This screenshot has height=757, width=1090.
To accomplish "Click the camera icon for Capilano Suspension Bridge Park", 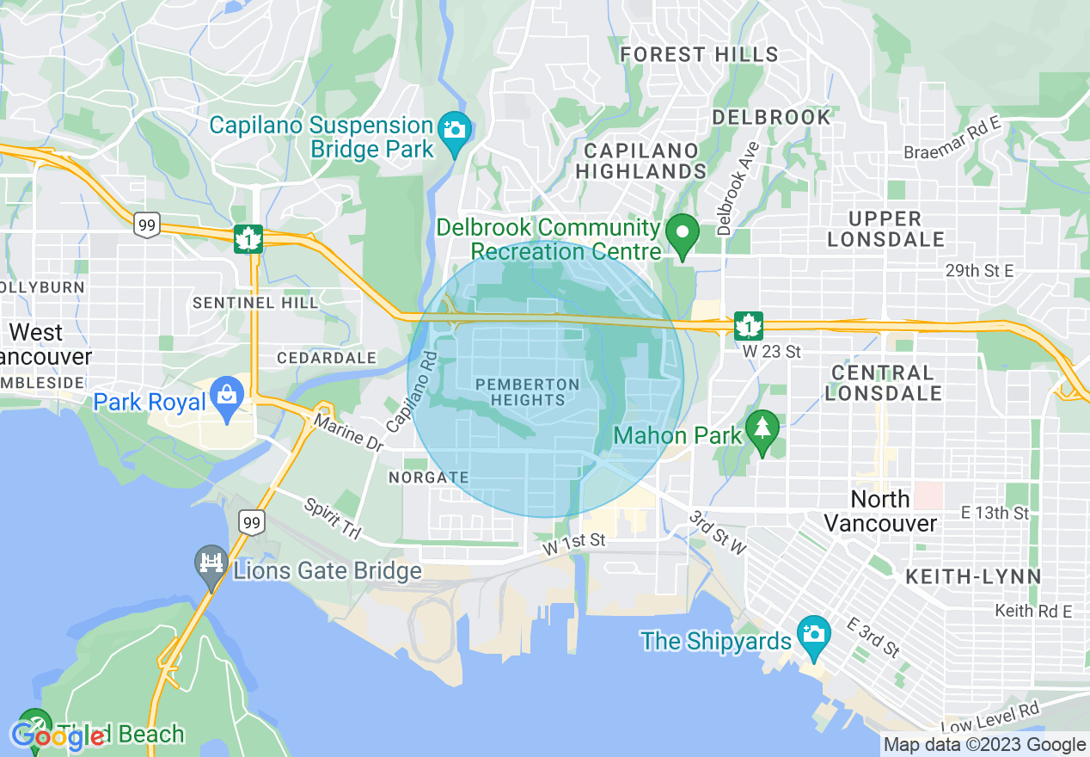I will tap(454, 130).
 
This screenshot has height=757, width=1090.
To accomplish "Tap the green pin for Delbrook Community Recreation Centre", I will tap(683, 232).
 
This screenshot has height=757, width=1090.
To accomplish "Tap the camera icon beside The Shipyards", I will tap(812, 634).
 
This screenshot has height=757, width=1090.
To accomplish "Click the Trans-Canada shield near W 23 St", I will tap(748, 326).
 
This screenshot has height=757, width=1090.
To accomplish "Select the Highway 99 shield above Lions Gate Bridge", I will tap(252, 522).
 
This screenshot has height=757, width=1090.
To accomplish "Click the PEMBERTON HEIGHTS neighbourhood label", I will tap(528, 392).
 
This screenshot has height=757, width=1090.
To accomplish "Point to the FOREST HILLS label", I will tap(699, 54).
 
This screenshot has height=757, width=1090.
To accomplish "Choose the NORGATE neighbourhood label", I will tap(428, 477).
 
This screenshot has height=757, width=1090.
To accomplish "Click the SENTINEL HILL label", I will tap(255, 303).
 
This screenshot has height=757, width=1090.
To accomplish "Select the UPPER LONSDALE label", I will tap(885, 229).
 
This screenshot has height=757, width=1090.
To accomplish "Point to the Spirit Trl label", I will tap(331, 517).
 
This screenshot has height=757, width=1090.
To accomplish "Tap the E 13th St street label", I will tap(995, 513).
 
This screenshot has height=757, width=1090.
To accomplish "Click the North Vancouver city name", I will tap(880, 511).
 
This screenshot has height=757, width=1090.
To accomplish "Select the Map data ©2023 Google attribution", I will tap(985, 745).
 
